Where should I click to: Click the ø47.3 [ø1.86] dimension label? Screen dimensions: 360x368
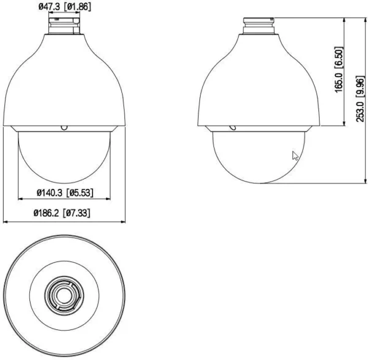[x=64, y=7]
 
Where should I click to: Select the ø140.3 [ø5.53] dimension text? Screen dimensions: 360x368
[x=64, y=193]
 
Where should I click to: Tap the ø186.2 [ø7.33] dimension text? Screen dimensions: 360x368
[x=64, y=213]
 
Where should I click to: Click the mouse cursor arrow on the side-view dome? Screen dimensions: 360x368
[x=296, y=156]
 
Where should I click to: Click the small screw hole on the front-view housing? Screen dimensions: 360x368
[x=64, y=128]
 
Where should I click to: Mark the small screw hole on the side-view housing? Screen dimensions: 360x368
[x=232, y=128]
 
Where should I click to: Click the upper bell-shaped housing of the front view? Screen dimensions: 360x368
[x=64, y=80]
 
